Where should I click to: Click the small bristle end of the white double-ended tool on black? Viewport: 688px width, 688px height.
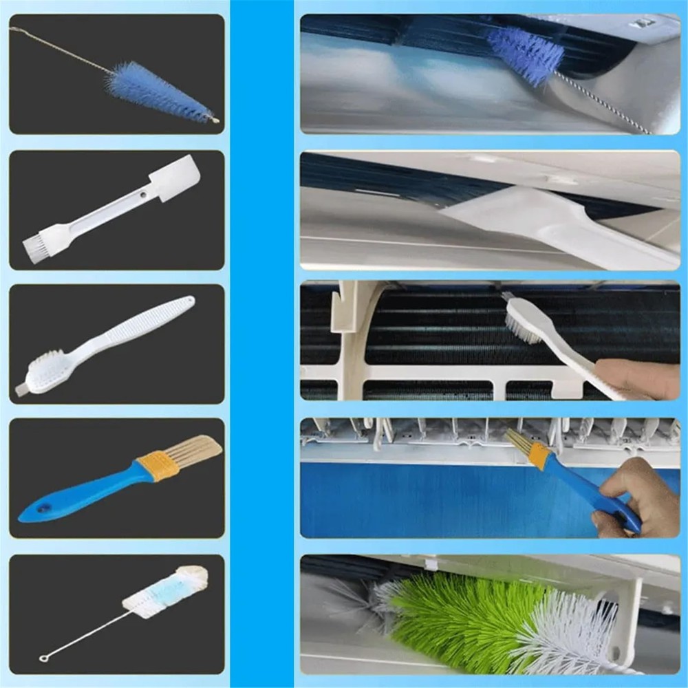pyautogui.click(x=34, y=244)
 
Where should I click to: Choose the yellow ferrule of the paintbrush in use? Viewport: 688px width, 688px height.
pyautogui.click(x=539, y=455)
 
